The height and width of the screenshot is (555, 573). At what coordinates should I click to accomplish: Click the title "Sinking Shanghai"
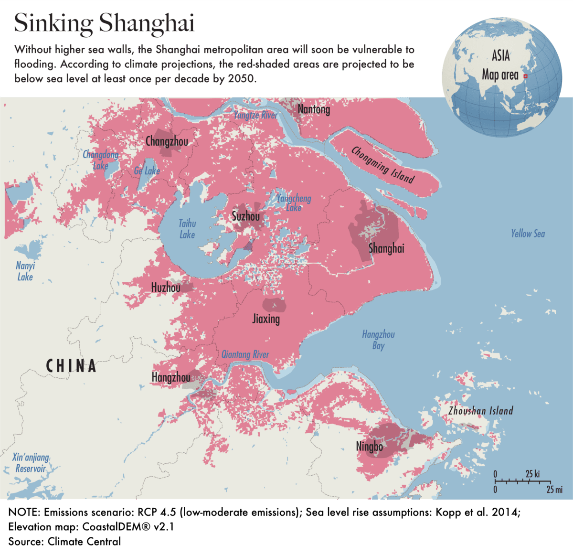pos(104,23)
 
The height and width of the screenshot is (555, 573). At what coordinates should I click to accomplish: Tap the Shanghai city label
pos(386,248)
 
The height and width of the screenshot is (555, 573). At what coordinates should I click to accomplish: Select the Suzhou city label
pos(246,216)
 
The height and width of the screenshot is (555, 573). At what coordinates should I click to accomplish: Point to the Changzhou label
pos(167,141)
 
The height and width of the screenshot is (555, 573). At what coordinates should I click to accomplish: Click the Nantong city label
pos(314,109)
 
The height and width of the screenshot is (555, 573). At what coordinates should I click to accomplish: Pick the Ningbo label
pos(370,447)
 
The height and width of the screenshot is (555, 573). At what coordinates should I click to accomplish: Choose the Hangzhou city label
pos(171,377)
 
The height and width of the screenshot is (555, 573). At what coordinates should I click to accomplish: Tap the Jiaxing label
pos(266,319)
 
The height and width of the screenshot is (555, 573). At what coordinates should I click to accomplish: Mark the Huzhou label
pos(166,288)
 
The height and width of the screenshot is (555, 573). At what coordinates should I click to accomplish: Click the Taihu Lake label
pos(187,229)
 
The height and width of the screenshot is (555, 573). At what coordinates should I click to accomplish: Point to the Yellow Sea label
pos(528,234)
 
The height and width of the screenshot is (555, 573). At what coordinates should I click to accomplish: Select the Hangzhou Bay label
pos(378,340)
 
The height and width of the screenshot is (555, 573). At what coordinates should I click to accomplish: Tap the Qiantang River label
pos(245,354)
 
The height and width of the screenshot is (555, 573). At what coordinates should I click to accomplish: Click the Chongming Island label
pos(382,165)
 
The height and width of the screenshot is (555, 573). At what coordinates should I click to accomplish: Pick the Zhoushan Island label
pos(480,411)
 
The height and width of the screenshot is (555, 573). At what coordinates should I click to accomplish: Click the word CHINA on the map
pos(71,366)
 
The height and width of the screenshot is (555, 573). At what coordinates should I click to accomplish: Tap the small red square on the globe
pos(525,76)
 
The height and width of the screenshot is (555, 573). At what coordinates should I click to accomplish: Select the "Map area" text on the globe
pos(500,75)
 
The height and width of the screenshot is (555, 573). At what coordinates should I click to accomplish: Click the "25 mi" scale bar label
pos(554,490)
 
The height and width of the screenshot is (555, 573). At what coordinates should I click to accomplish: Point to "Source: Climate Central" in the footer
pos(64,542)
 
